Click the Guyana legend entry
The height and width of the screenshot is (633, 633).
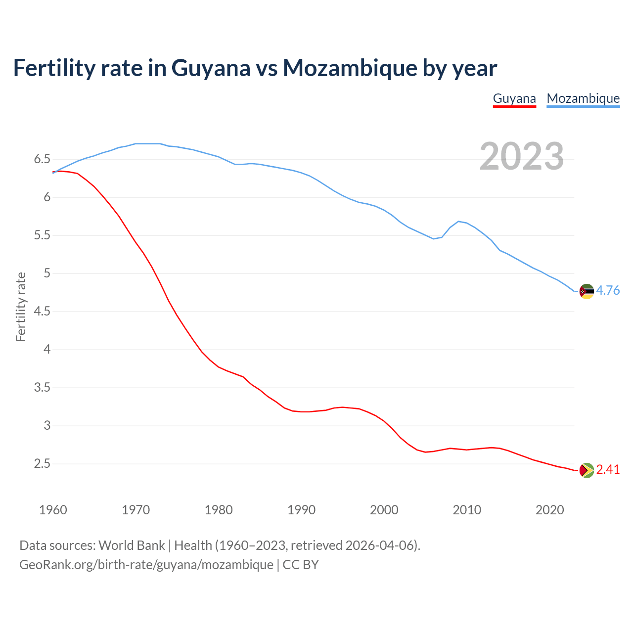[x=514, y=98]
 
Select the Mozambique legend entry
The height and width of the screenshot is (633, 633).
[x=583, y=98]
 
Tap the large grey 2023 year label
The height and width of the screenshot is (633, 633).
[x=522, y=156]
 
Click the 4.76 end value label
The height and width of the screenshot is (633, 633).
[x=608, y=291]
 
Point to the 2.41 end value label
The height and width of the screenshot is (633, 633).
[x=608, y=470]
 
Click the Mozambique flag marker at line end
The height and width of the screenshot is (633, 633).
[x=587, y=291]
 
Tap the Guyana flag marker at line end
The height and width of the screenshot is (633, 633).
[x=587, y=470]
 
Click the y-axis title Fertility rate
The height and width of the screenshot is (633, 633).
[x=21, y=307]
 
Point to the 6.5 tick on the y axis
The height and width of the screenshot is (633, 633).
[x=42, y=159]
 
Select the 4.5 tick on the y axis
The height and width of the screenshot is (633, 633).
[x=42, y=312]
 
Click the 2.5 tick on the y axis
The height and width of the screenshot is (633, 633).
[x=42, y=464]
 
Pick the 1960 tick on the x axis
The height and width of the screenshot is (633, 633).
[x=53, y=510]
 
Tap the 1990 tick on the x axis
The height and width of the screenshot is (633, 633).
[x=301, y=510]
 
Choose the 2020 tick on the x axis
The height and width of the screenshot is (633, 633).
[x=549, y=510]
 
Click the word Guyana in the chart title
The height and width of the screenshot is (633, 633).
[x=211, y=68]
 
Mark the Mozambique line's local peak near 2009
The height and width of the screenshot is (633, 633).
[x=458, y=221]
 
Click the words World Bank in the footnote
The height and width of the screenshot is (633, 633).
[x=132, y=545]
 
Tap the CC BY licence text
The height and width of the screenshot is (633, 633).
[x=301, y=565]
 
